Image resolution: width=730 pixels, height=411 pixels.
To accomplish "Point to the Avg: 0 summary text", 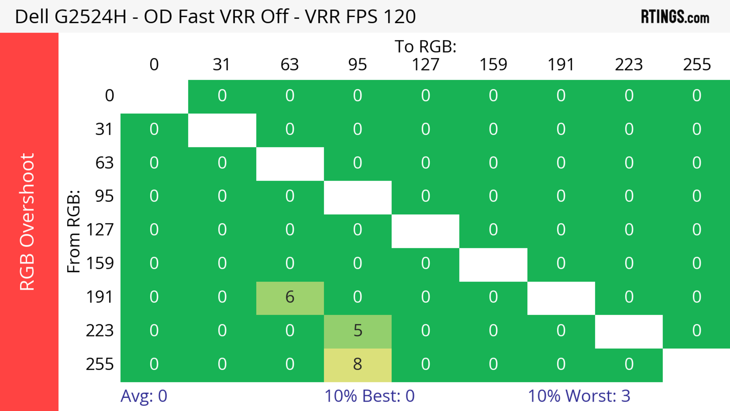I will coord(144,396).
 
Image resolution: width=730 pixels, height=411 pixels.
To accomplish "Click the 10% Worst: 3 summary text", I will coord(579,396).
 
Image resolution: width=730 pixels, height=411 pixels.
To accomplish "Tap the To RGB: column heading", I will coord(425,46).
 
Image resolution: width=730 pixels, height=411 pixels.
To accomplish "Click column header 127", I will coord(425,65).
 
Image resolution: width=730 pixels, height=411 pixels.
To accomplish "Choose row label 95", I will coord(104,196).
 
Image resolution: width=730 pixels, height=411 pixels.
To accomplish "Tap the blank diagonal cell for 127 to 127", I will coord(425,231).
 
